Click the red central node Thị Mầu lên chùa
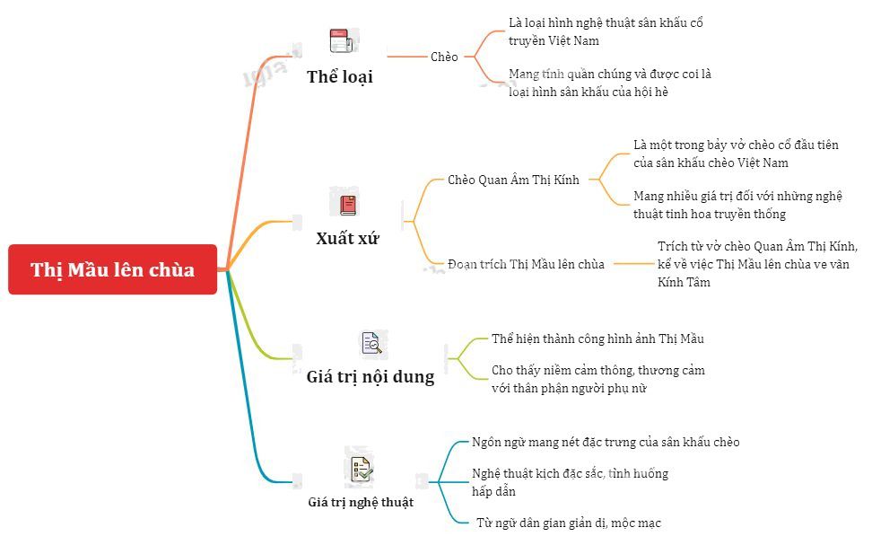pos(112,269)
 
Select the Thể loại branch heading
pos(340,76)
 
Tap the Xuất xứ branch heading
pos(347,238)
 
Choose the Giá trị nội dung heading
pos(371,377)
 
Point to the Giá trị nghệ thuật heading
pos(361,502)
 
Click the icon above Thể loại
pos(342,41)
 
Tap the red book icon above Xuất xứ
pos(348,205)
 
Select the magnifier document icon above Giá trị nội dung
pos(371,343)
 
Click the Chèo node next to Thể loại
pos(444,57)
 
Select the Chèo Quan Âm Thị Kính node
pos(513,180)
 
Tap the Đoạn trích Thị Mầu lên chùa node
pos(526,265)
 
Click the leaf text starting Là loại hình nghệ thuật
pos(606,31)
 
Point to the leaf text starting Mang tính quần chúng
pos(609,83)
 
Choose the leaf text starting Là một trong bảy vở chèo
pos(736,154)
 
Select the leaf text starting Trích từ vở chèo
pos(757,265)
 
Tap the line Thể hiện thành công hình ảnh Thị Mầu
pos(597,339)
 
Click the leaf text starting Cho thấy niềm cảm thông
pos(597,379)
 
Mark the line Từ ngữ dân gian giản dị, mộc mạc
pos(569,523)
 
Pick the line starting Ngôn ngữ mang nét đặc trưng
pos(606,442)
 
